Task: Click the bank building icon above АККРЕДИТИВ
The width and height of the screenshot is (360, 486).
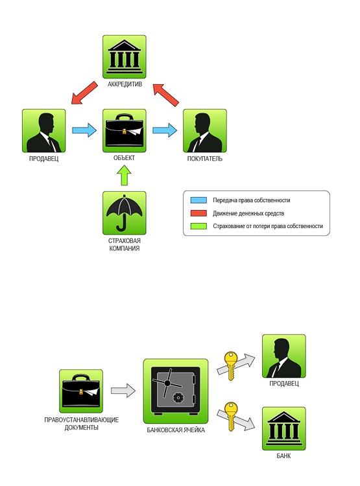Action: coord(124,57)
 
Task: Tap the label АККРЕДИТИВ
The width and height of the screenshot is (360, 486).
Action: coord(125,84)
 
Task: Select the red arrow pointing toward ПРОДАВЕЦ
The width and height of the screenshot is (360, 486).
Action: coord(84,93)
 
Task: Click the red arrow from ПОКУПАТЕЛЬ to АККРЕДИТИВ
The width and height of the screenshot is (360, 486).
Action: coord(166,95)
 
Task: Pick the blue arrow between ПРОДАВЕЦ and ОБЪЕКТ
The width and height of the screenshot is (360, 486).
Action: coord(84,130)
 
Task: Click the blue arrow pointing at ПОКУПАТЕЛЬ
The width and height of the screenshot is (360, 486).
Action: coord(165,130)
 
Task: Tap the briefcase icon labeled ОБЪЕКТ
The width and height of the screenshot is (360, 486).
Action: coord(124,130)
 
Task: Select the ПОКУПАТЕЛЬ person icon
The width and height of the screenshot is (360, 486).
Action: coord(205,130)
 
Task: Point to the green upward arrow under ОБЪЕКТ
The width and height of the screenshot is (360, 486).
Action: coord(124,176)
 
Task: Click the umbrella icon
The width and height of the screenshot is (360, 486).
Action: coord(124,213)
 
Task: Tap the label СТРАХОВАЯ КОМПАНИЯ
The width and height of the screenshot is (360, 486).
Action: coord(124,244)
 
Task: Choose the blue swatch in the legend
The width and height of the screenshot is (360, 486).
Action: coord(198,200)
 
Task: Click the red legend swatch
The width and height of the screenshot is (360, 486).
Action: coord(198,213)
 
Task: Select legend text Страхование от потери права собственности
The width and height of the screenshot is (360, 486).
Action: coord(268,226)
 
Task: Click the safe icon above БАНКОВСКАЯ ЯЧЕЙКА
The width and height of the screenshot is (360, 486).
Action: coord(176,391)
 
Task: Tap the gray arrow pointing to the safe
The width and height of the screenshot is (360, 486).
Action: coord(123,391)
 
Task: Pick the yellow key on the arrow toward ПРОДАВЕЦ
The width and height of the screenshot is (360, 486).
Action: coord(230,365)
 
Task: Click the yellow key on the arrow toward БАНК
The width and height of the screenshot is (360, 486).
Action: coord(231,416)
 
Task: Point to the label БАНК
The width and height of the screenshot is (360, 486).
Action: coord(283,456)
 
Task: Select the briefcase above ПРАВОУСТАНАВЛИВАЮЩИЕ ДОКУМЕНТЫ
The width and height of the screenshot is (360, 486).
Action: coord(80,391)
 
